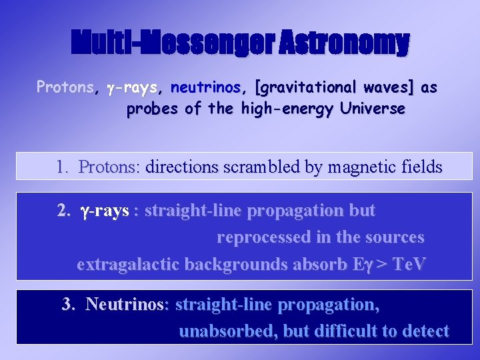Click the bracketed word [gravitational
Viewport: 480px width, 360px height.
[307, 87]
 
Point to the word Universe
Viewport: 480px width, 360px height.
[371, 109]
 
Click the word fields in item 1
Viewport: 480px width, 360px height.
[421, 167]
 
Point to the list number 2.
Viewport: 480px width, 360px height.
[63, 211]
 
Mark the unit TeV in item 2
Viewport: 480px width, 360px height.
[409, 264]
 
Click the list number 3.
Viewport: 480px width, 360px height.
[68, 305]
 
